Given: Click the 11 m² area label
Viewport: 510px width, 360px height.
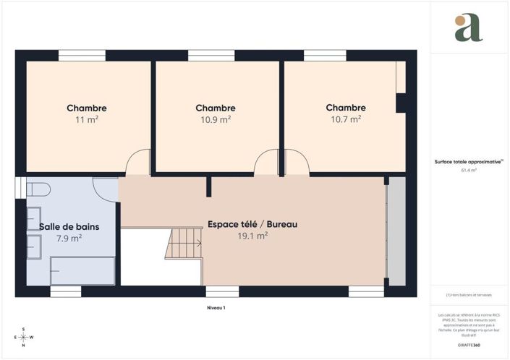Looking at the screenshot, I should tap(87, 120).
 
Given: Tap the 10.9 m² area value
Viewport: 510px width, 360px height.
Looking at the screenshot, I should tap(216, 120).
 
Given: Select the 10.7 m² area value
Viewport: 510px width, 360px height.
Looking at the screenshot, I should tap(346, 120).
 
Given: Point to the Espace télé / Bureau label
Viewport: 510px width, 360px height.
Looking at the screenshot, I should tap(252, 224).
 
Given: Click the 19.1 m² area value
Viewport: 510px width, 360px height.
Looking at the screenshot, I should tap(252, 236).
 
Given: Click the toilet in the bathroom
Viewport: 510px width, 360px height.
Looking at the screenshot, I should tap(38, 190).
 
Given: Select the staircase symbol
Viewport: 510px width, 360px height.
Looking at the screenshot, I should tap(184, 243).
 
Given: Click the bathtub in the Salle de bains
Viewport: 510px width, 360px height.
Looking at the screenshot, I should tap(82, 273).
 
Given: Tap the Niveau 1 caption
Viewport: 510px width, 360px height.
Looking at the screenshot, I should tap(216, 308).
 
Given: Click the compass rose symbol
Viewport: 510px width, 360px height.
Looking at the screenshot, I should tap(24, 336).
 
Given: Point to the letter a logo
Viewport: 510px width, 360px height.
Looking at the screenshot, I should tap(468, 28).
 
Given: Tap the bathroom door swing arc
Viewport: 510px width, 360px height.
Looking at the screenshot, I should tap(106, 189).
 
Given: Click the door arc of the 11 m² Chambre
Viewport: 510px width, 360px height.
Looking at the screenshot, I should tap(137, 165).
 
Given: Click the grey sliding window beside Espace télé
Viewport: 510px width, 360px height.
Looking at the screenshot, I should tap(396, 231).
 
